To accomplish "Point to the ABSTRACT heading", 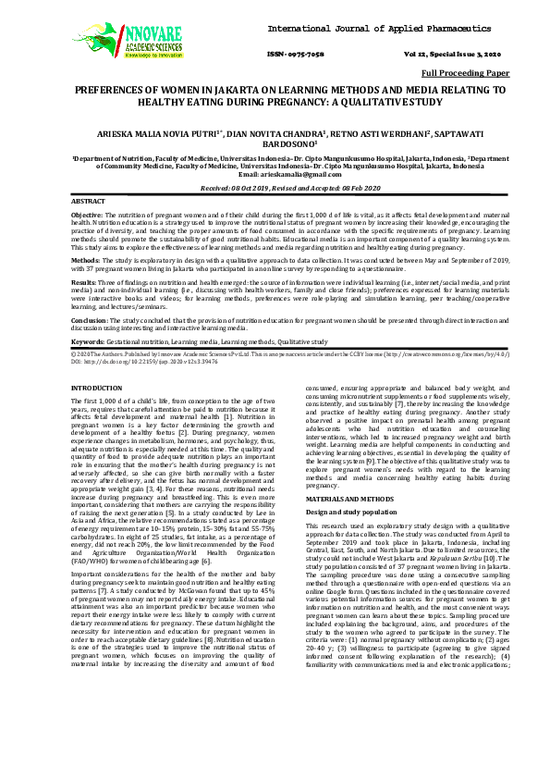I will tap(89, 201).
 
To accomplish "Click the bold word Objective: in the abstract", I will tap(90, 214).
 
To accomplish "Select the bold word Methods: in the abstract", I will tap(89, 261).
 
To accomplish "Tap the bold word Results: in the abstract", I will tap(88, 281).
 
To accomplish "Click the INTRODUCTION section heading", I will tap(102, 388).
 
